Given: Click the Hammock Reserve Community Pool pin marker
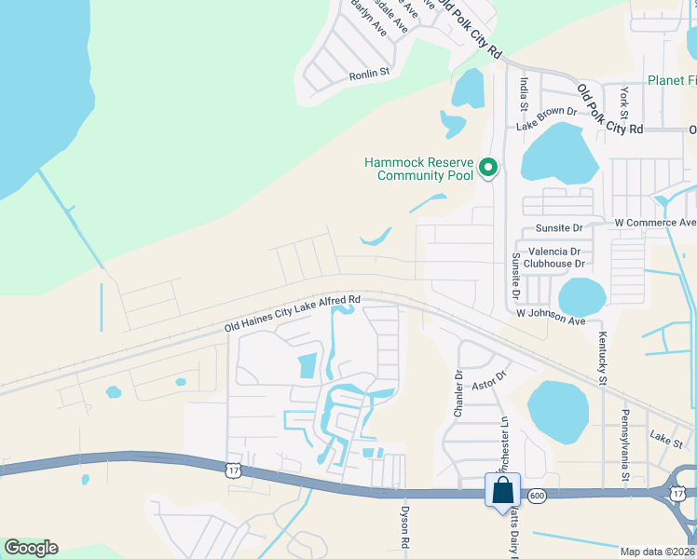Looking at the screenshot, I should tap(488, 169).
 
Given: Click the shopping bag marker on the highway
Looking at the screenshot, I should tap(502, 491).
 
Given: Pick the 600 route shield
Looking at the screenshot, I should tap(537, 497).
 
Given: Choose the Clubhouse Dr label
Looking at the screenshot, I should tap(553, 264).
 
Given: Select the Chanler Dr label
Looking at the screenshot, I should tap(458, 395).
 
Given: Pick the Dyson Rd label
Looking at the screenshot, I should tap(404, 526).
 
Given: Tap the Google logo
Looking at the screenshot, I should tap(31, 548).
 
